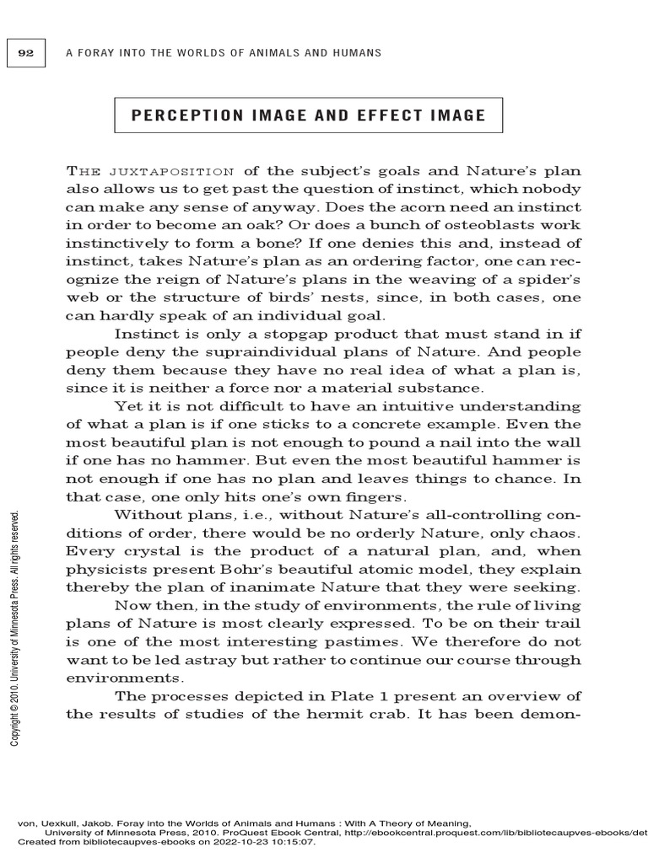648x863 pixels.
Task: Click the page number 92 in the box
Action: (26, 53)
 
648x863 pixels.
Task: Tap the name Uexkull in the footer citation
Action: (58, 823)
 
